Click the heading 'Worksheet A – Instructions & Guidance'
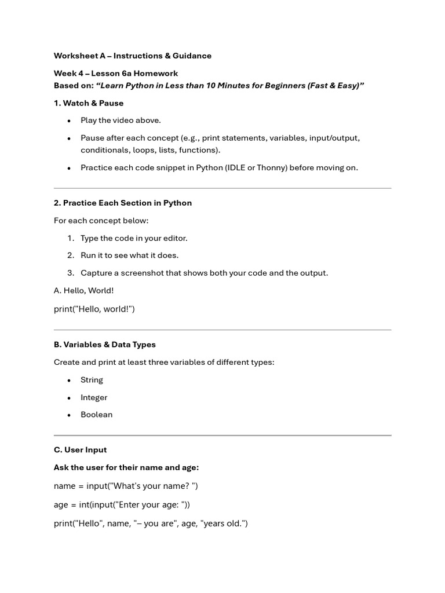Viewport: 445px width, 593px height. [133, 56]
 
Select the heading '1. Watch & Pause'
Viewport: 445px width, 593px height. [89, 103]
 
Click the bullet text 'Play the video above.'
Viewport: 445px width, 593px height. [121, 120]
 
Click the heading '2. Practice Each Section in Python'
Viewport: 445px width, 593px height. [123, 203]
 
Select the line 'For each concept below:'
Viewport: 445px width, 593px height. [101, 221]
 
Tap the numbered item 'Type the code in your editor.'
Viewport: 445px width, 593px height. [134, 238]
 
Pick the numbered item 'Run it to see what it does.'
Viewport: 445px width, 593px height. [129, 255]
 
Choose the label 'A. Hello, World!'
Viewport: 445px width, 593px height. [84, 291]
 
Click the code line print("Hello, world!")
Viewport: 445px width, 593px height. [94, 309]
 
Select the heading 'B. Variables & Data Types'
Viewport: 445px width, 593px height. [105, 345]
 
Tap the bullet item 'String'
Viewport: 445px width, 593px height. [92, 380]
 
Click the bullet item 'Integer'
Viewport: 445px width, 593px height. [94, 397]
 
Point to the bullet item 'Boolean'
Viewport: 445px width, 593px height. [96, 415]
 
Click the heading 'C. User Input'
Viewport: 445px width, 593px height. [81, 450]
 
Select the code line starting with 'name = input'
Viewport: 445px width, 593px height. [126, 486]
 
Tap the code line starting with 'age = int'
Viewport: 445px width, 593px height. [122, 504]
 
